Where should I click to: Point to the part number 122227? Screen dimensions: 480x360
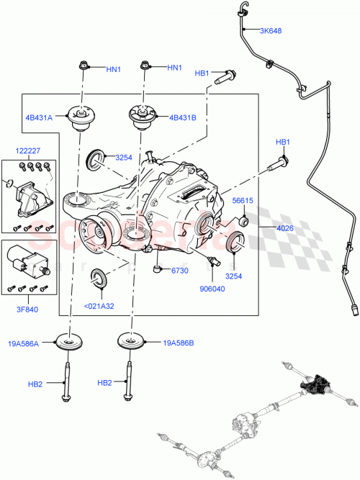[28, 150]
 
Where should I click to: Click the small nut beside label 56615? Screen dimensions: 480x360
[244, 221]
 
